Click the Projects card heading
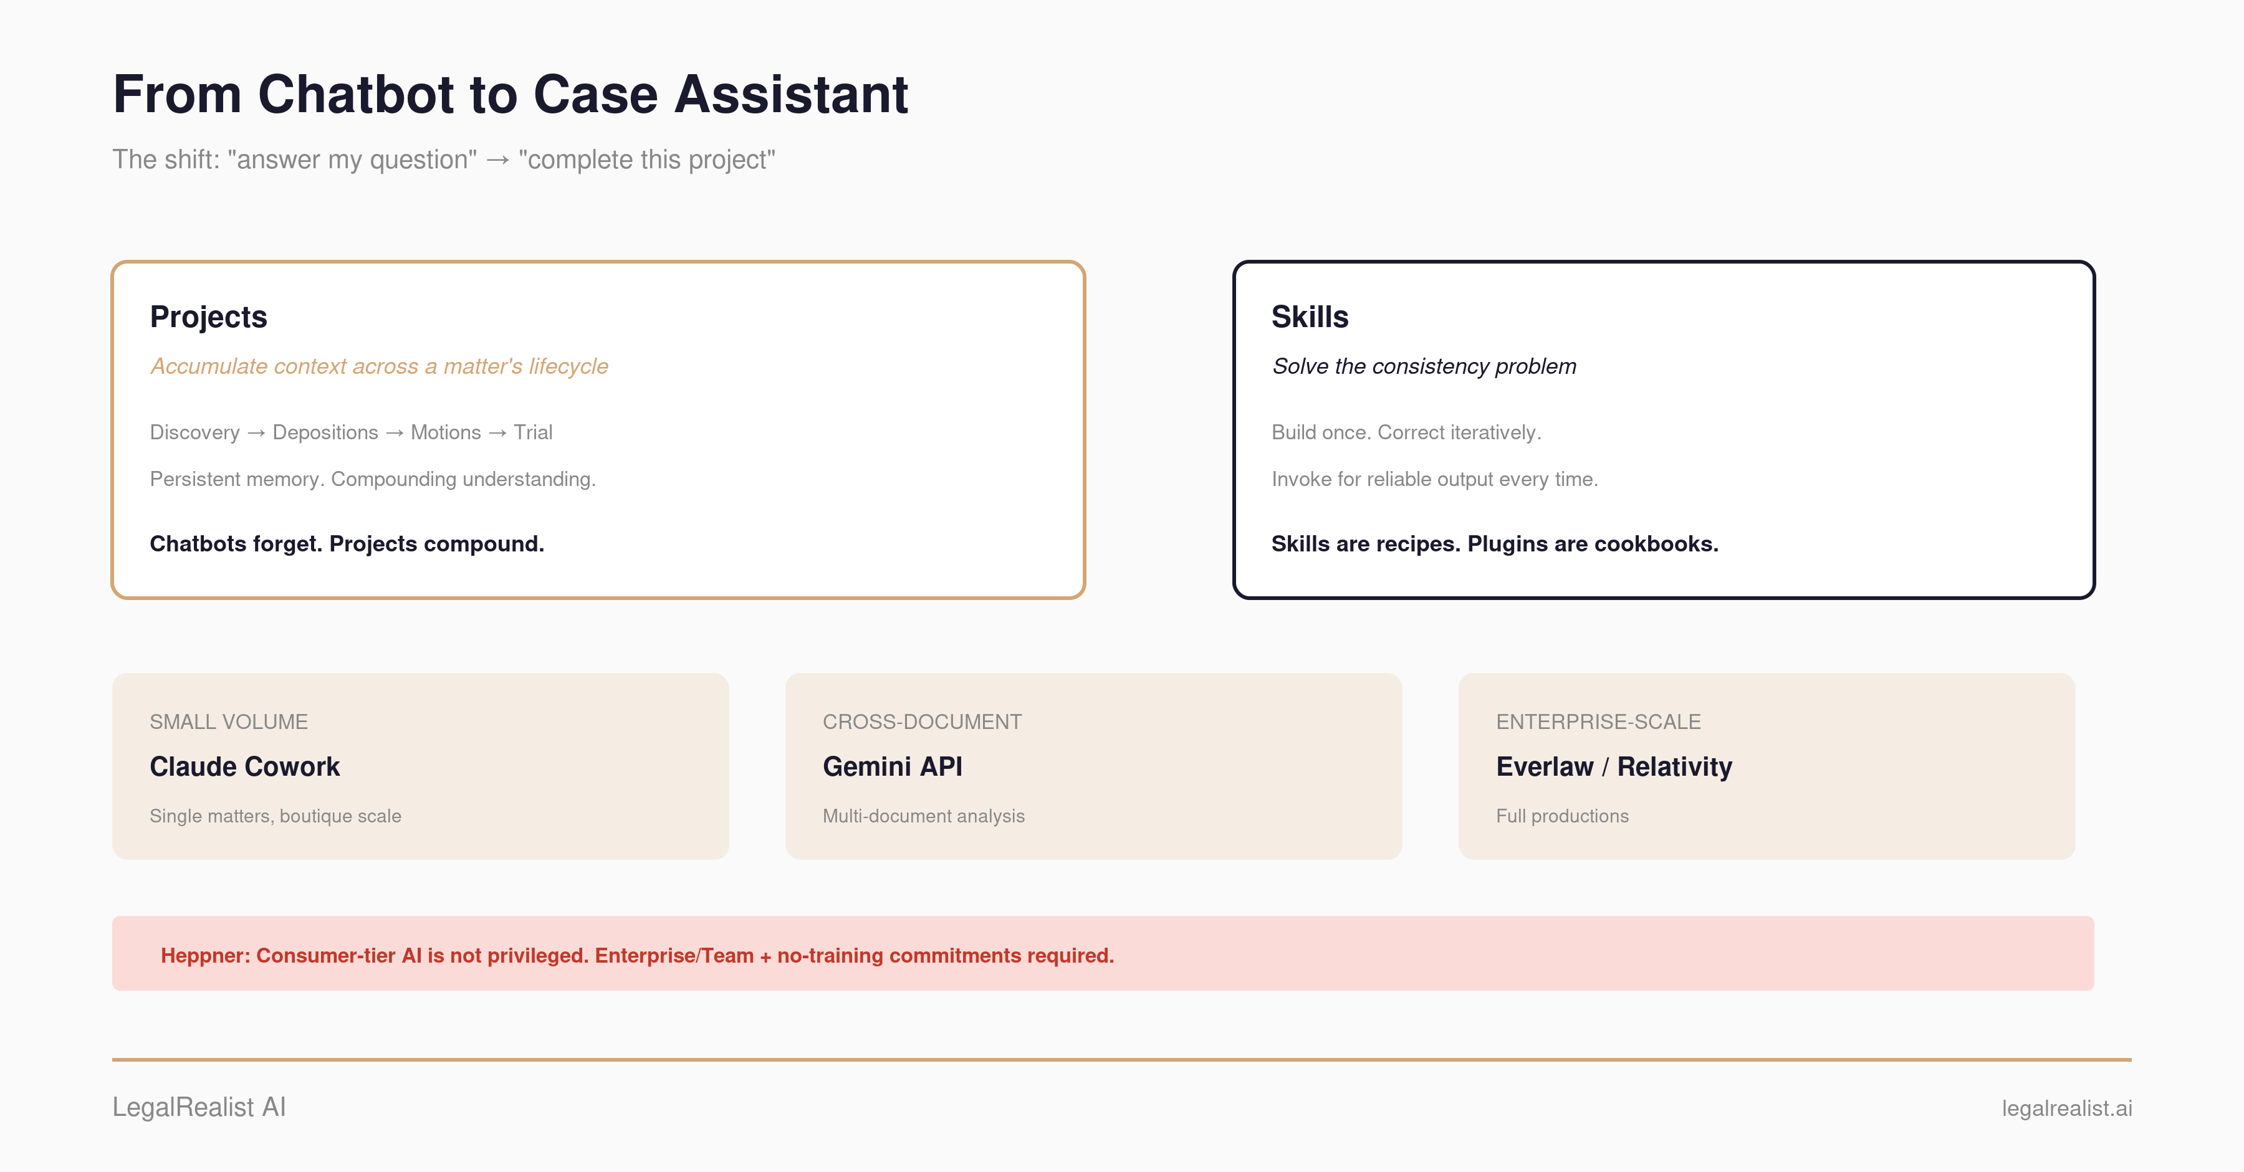[x=208, y=318]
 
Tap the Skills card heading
[x=1309, y=317]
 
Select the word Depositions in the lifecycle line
[x=325, y=433]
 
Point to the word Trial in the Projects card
[x=533, y=433]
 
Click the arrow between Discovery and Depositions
[x=256, y=434]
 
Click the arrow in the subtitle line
[x=497, y=160]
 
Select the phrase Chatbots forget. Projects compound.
[x=347, y=544]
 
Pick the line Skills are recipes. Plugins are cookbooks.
[x=1495, y=544]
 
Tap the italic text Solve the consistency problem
[x=1424, y=366]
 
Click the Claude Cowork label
[x=245, y=767]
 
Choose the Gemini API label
[x=893, y=767]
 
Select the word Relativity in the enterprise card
[x=1674, y=767]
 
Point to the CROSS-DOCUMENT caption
[x=923, y=722]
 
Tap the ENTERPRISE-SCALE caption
[x=1598, y=722]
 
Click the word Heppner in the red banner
[x=204, y=956]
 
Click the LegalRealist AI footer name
[x=199, y=1108]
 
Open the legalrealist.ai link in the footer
[x=2066, y=1108]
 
